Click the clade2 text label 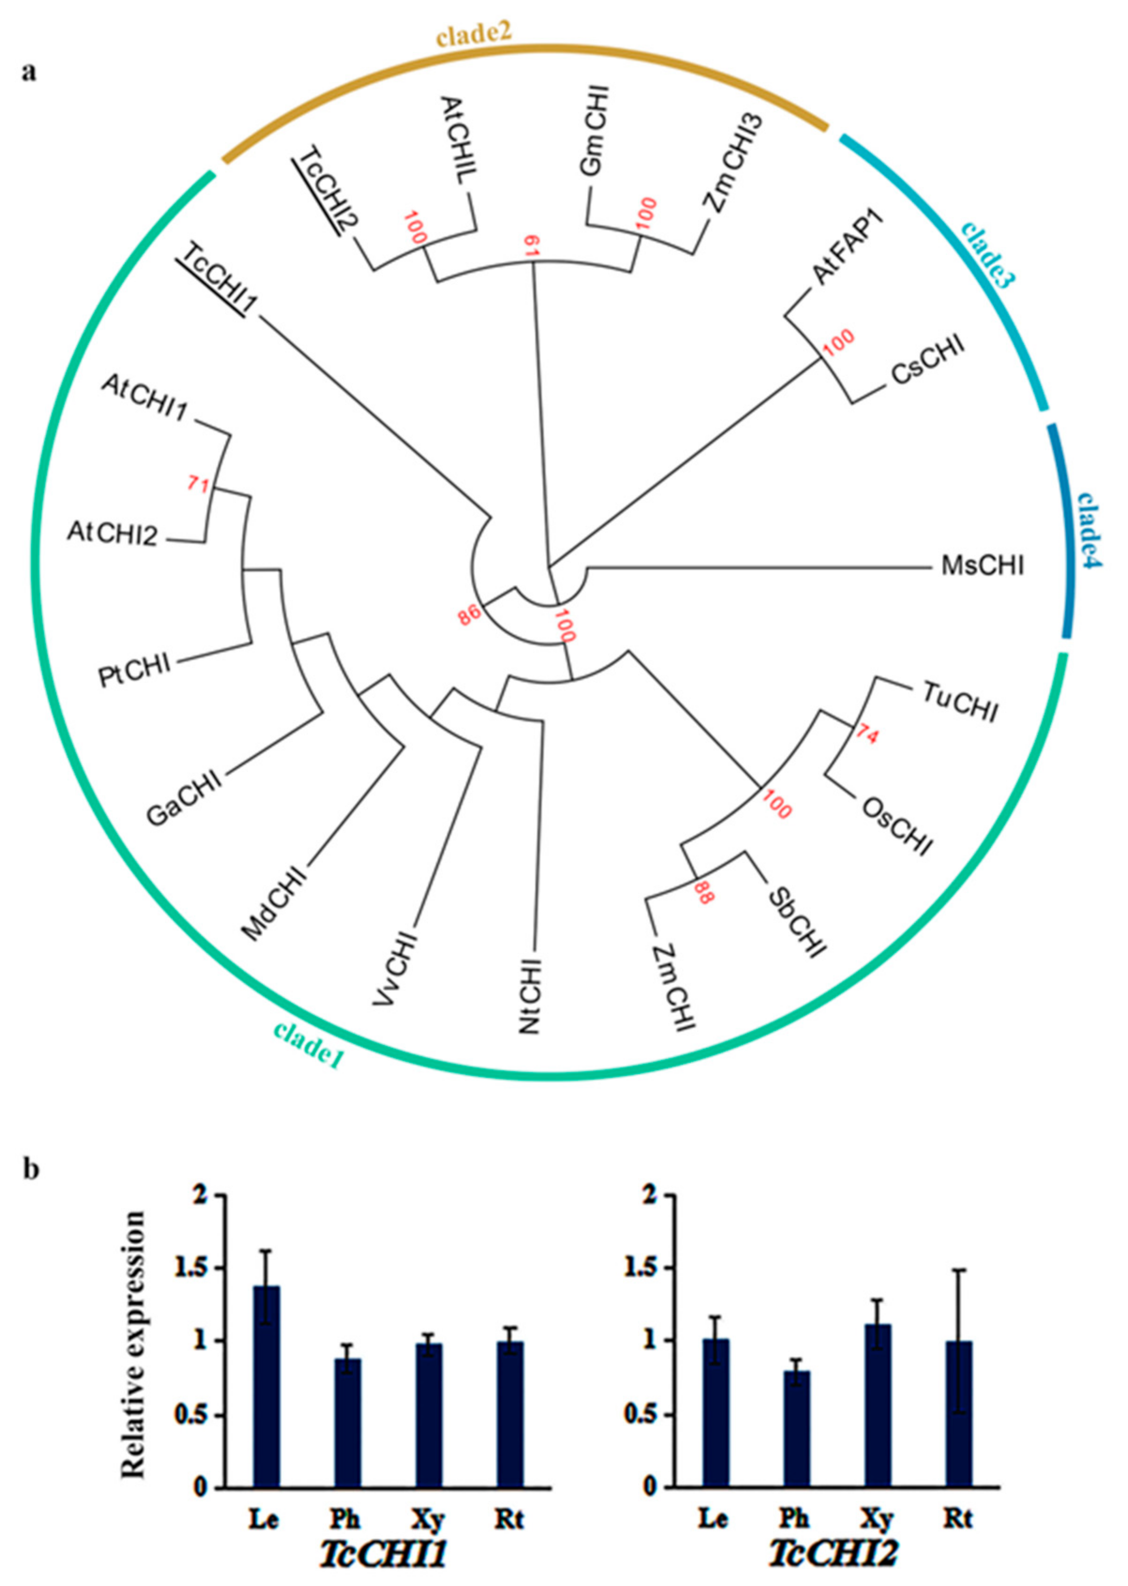[x=474, y=34]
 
